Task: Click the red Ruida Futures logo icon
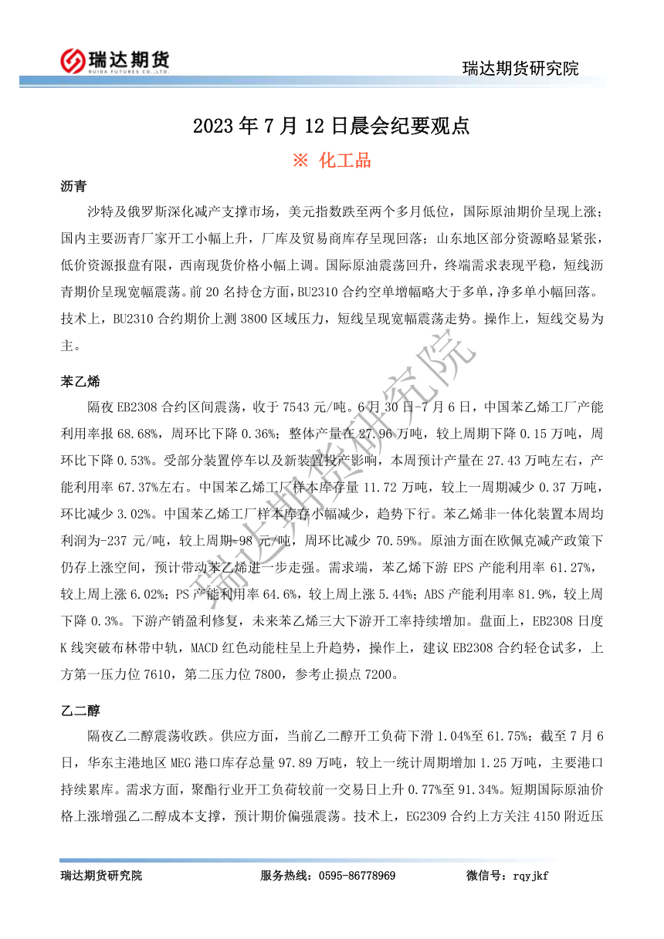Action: tap(72, 59)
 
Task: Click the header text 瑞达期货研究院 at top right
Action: tap(520, 68)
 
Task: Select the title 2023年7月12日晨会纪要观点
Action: tap(331, 126)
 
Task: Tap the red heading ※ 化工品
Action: tap(331, 160)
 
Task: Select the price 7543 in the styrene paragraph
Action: tap(302, 407)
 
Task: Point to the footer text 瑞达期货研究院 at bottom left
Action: tap(101, 876)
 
